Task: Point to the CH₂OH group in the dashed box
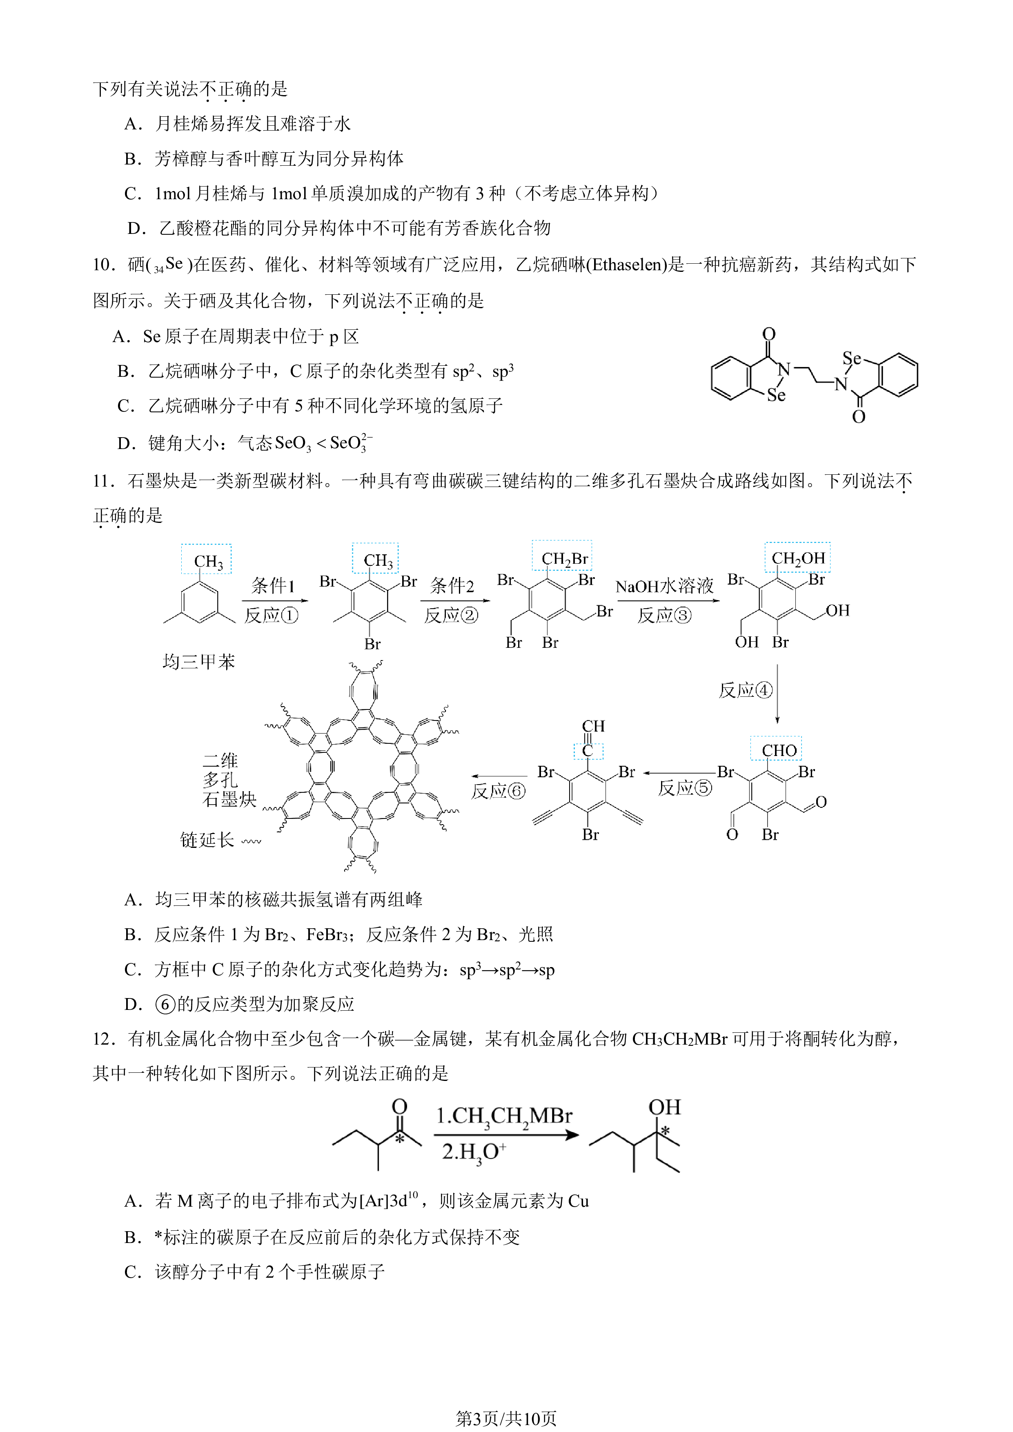point(798,558)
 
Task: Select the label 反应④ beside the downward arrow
point(746,690)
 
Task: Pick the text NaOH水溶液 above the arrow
point(664,586)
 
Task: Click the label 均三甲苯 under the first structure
point(198,661)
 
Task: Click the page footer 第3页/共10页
point(506,1418)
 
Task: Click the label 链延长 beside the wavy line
point(207,840)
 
